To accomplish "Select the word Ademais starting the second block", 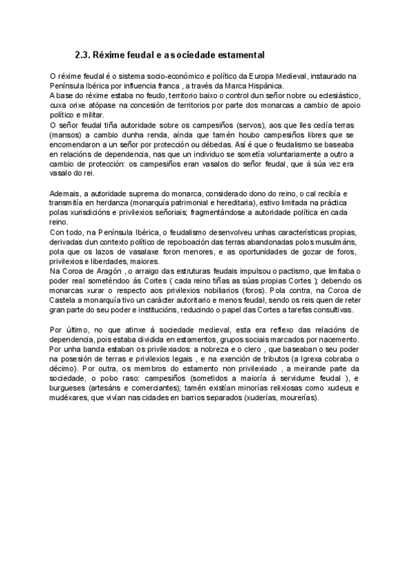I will click(64, 194).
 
